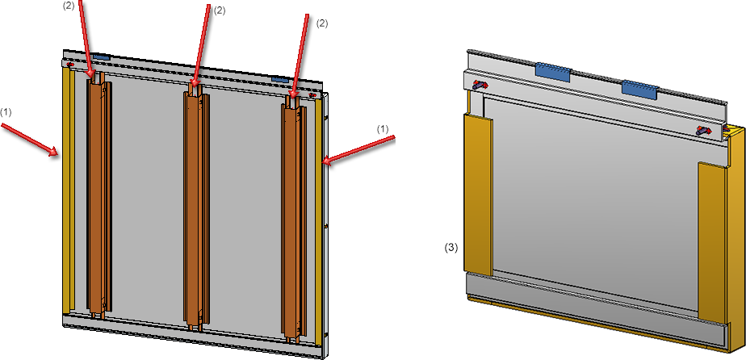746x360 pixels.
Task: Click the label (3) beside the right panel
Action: [452, 248]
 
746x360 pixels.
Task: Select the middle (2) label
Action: [220, 10]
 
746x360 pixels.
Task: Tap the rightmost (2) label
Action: [322, 24]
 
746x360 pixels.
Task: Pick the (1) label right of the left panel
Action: [383, 128]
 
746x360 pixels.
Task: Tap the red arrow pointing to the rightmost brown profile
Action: [300, 57]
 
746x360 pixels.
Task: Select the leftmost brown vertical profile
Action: [97, 198]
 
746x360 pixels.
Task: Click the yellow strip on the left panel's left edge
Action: [68, 194]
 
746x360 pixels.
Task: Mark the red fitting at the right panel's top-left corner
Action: [480, 83]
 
